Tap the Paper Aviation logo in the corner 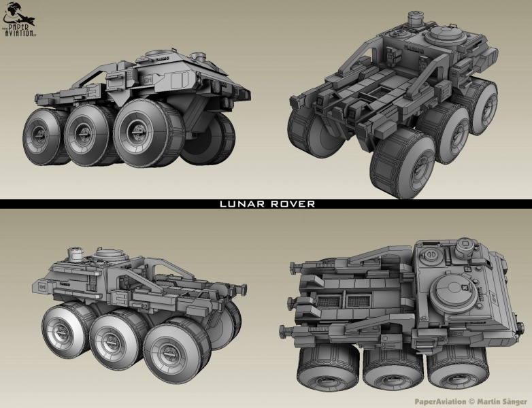18,18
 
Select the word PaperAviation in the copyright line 440,402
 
